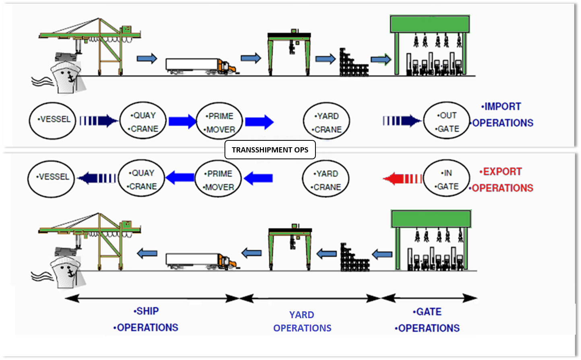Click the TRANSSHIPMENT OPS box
[x=270, y=150]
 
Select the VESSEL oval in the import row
[x=52, y=120]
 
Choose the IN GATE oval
[x=447, y=179]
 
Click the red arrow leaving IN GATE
[x=402, y=179]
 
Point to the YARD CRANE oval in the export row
[x=326, y=179]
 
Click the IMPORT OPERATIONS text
[x=503, y=115]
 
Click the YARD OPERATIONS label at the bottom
[x=302, y=321]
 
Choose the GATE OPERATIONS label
[x=428, y=320]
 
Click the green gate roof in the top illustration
[x=430, y=24]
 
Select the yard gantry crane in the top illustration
[x=289, y=52]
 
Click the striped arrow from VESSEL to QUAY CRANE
[x=98, y=121]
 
